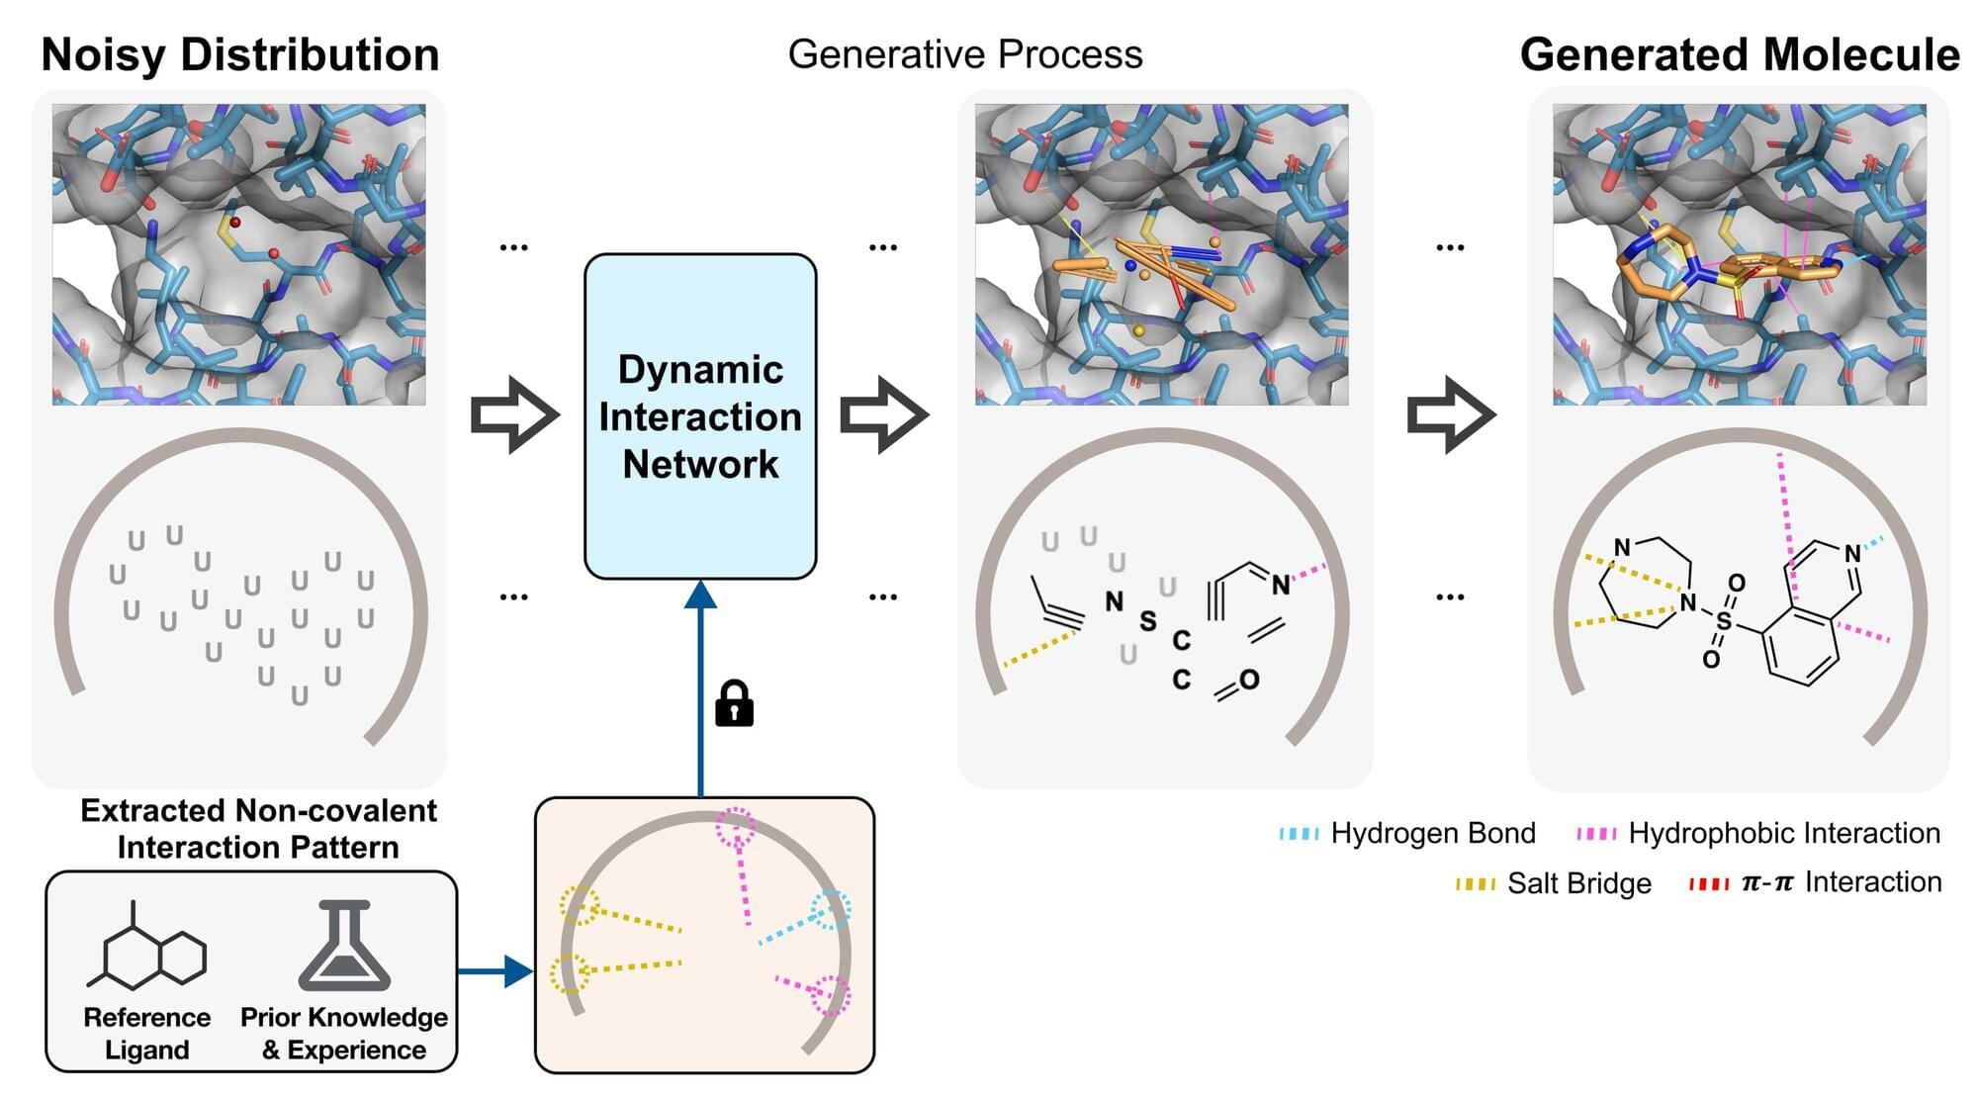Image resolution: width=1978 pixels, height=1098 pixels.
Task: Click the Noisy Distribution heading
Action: (240, 54)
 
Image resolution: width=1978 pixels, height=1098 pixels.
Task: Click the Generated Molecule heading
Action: (1739, 54)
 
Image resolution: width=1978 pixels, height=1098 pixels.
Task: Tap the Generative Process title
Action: (964, 54)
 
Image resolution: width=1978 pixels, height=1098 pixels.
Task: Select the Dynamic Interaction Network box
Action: (700, 416)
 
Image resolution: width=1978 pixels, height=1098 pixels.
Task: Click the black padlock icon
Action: (734, 703)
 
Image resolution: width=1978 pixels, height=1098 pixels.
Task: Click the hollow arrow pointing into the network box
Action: (514, 415)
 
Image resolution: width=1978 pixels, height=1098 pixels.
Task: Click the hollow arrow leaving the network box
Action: (883, 415)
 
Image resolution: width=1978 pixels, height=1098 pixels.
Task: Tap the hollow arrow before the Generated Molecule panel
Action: (1450, 415)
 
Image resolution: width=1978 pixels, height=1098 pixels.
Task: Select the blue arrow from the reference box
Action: (495, 971)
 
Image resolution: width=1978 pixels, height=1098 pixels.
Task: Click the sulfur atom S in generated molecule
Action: (1724, 621)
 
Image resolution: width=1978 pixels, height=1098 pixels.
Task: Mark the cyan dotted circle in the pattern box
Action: (831, 909)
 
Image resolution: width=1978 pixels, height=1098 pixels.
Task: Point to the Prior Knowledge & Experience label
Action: (344, 1034)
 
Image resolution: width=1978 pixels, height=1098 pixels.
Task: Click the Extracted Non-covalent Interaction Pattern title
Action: (258, 829)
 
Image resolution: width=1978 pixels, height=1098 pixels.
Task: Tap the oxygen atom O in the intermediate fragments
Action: (1249, 680)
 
